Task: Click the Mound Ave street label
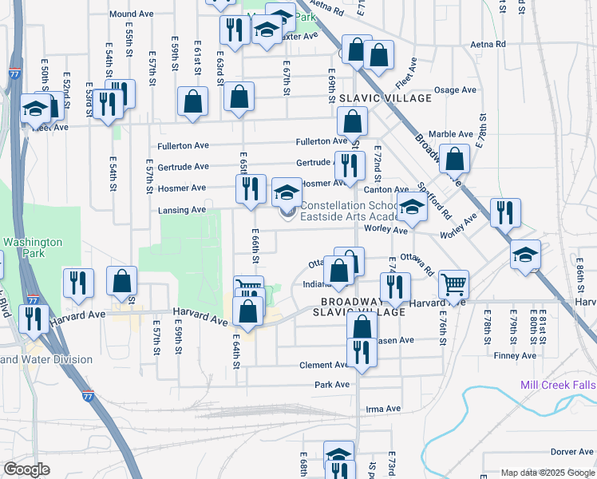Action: coord(132,14)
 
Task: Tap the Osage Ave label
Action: coord(456,90)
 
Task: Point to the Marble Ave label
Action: coord(451,134)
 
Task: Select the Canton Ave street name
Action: coord(386,189)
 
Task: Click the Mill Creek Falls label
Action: coord(558,384)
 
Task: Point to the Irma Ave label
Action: coord(382,409)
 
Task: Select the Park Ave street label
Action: coord(332,384)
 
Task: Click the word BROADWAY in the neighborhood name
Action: coord(347,302)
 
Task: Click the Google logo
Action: coord(26,469)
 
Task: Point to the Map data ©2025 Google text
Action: coord(547,473)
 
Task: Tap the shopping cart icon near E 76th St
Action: coord(453,283)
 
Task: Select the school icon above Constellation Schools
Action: coord(287,192)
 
